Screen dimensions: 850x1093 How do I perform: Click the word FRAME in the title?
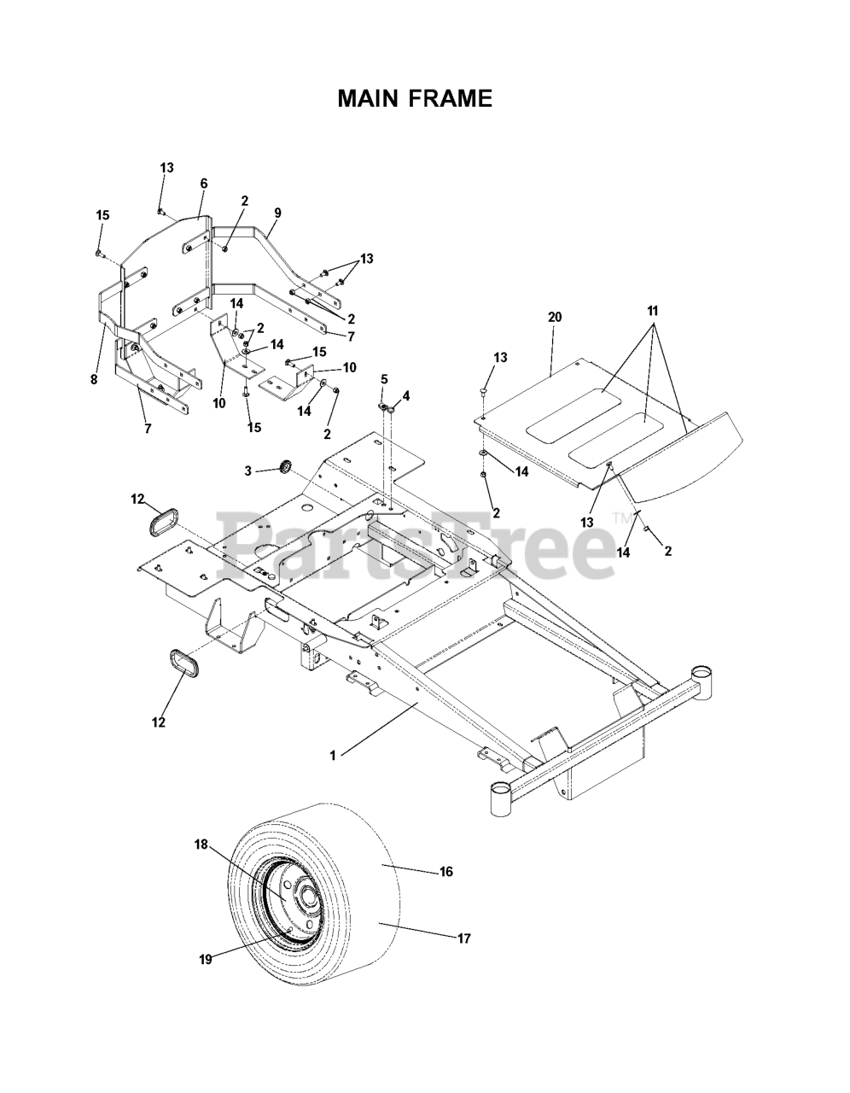[x=451, y=99]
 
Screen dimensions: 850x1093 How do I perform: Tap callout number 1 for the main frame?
[x=334, y=755]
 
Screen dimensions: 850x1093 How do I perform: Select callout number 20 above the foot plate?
[x=554, y=317]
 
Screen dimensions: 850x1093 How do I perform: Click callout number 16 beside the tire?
[x=445, y=872]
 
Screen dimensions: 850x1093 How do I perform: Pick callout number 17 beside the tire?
[x=463, y=938]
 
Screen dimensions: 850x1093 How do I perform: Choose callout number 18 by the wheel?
[x=201, y=844]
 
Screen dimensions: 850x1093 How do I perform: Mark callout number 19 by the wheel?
[x=205, y=959]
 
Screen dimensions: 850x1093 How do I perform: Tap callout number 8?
[x=94, y=380]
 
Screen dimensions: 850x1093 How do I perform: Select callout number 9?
[x=277, y=213]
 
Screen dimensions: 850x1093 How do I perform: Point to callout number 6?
[x=204, y=183]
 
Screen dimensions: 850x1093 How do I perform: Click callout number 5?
[x=384, y=378]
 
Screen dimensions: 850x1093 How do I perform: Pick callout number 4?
[x=406, y=395]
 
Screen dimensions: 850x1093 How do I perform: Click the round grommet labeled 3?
[x=285, y=465]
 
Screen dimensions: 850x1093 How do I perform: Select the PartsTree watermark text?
[x=418, y=543]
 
